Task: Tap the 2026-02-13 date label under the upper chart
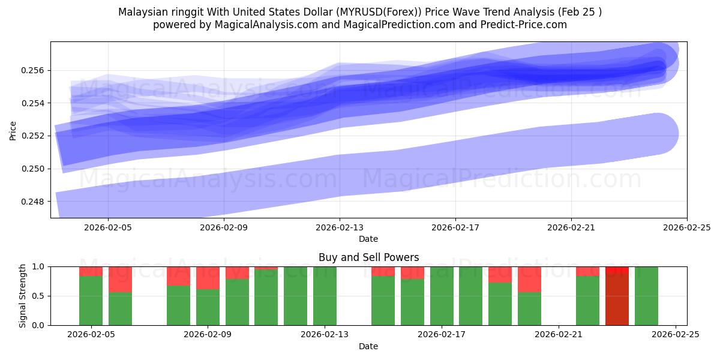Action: (340, 228)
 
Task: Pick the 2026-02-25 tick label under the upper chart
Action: (686, 228)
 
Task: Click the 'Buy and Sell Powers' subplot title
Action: (368, 257)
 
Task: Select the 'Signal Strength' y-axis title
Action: (22, 296)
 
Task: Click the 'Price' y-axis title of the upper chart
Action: (13, 130)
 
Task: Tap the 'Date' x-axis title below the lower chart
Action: (368, 346)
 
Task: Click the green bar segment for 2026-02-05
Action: (91, 300)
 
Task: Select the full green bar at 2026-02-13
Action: (325, 296)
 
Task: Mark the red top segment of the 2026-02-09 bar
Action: (208, 278)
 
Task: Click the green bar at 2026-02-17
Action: (442, 296)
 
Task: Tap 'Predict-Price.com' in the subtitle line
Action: (526, 25)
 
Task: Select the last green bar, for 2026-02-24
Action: (646, 296)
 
